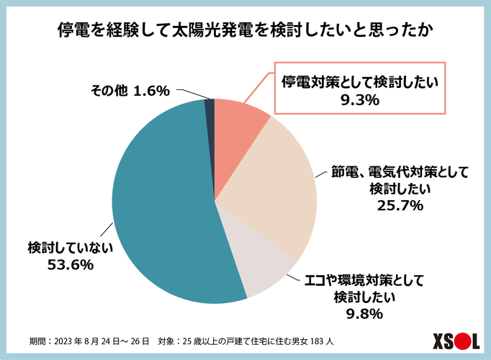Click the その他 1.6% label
coord(130,91)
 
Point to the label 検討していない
coord(71,246)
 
